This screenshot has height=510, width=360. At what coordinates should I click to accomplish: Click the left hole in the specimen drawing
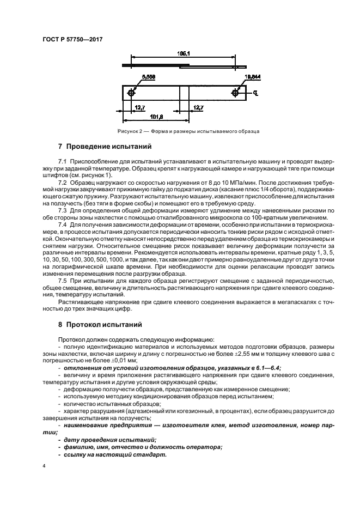coord(131,93)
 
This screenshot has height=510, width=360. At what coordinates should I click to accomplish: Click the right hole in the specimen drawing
coord(235,93)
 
